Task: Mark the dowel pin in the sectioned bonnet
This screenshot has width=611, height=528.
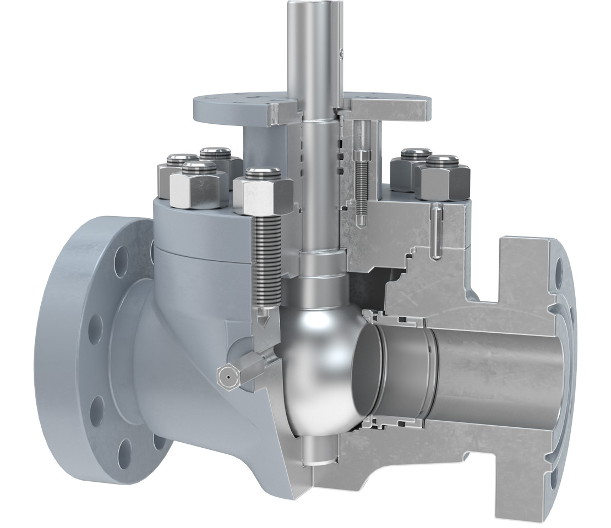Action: [436, 231]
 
